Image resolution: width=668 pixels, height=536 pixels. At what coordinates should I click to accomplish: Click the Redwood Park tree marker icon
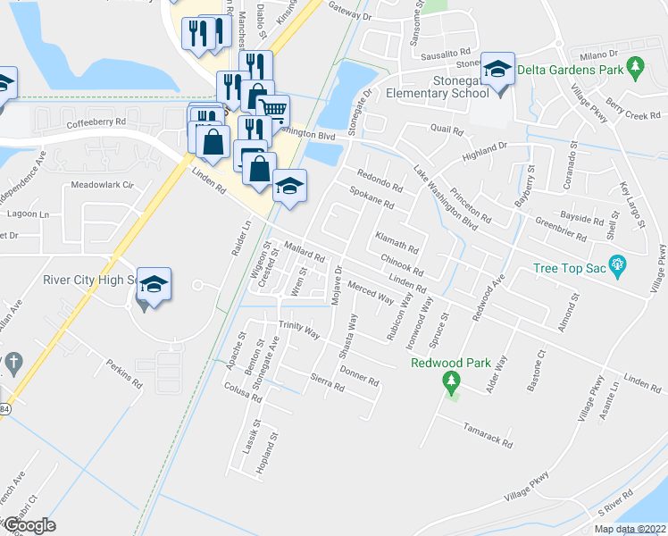(451, 383)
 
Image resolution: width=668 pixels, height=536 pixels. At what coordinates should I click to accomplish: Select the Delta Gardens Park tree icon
(635, 65)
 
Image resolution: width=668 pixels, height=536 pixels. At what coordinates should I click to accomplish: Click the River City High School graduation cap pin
(154, 285)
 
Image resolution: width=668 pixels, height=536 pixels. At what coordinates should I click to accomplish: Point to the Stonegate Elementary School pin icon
(497, 68)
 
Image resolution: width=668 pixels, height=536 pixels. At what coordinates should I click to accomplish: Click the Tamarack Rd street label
(488, 436)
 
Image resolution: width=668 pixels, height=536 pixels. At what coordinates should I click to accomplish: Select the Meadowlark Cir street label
(102, 185)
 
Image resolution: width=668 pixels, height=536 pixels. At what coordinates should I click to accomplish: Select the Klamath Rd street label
(396, 239)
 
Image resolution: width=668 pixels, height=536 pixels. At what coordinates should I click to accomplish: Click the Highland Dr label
(484, 151)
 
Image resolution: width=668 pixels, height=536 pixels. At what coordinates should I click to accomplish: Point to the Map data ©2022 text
(630, 529)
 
